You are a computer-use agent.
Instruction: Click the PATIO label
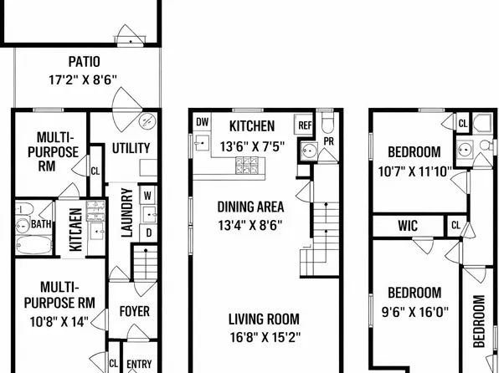click(85, 62)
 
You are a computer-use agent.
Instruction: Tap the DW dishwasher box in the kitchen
click(203, 121)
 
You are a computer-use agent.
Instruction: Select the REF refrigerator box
click(304, 125)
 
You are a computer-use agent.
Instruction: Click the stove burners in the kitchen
click(247, 166)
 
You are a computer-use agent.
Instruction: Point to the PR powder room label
click(328, 141)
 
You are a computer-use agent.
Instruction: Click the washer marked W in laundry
click(147, 195)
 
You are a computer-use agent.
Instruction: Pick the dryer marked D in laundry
click(149, 232)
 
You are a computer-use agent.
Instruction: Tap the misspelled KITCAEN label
click(75, 229)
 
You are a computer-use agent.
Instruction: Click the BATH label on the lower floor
click(41, 224)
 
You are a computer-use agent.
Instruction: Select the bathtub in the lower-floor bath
click(33, 245)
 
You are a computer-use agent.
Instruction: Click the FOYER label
click(134, 311)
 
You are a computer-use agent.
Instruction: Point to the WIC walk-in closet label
click(408, 226)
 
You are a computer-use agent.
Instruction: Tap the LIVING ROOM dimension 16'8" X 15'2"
click(265, 337)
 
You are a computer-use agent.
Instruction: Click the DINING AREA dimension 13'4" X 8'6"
click(250, 225)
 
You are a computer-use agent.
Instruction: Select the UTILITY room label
click(131, 148)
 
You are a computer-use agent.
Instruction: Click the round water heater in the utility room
click(147, 120)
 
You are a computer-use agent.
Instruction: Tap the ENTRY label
click(139, 364)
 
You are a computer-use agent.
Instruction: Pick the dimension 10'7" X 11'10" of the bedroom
click(414, 171)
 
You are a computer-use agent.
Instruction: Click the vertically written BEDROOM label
click(479, 321)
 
